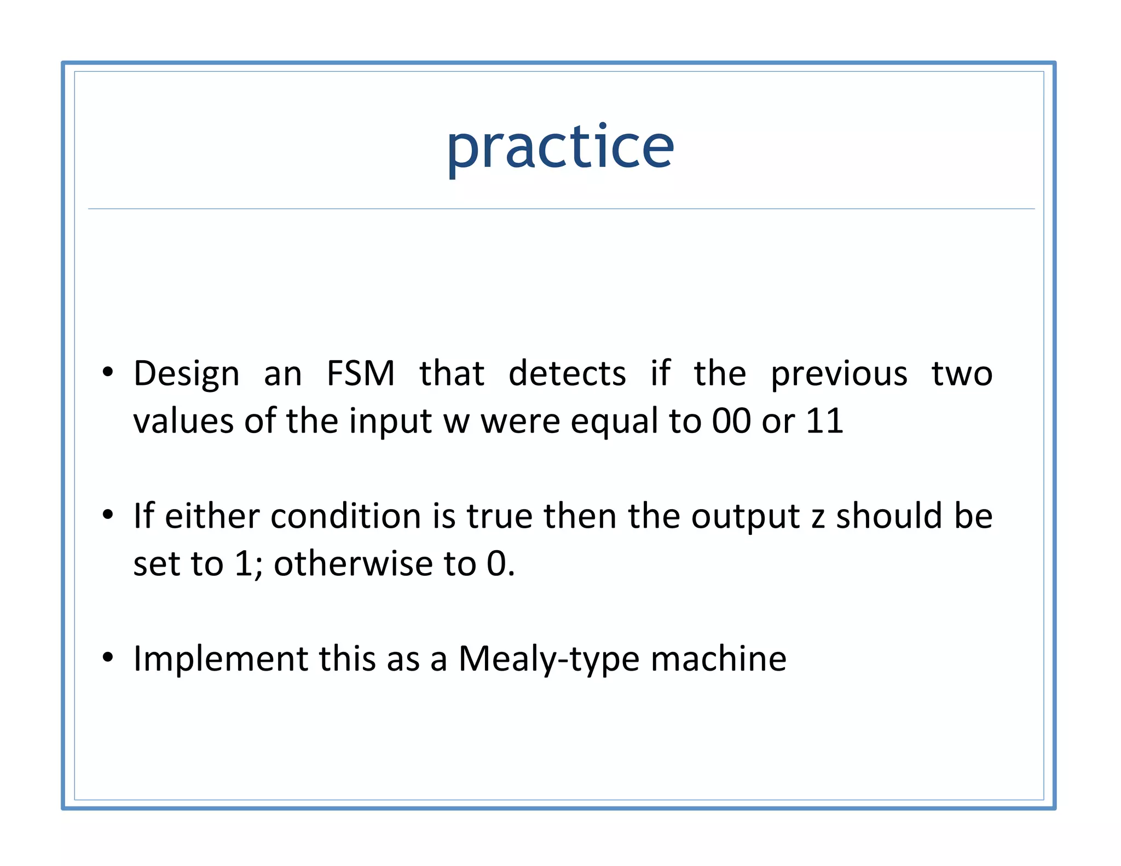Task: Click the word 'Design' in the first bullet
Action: [x=186, y=374]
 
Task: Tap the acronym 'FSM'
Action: [x=360, y=374]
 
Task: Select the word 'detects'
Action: [x=567, y=374]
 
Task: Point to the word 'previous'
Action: [x=839, y=374]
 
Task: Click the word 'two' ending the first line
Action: [x=962, y=374]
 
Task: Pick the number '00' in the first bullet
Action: [x=731, y=422]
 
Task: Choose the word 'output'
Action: [x=745, y=517]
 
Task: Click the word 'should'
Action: [x=889, y=516]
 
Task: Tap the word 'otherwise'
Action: [x=353, y=564]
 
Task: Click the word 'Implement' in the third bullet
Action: [x=221, y=659]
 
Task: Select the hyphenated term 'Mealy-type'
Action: [x=548, y=659]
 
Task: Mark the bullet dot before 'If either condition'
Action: [x=108, y=515]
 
